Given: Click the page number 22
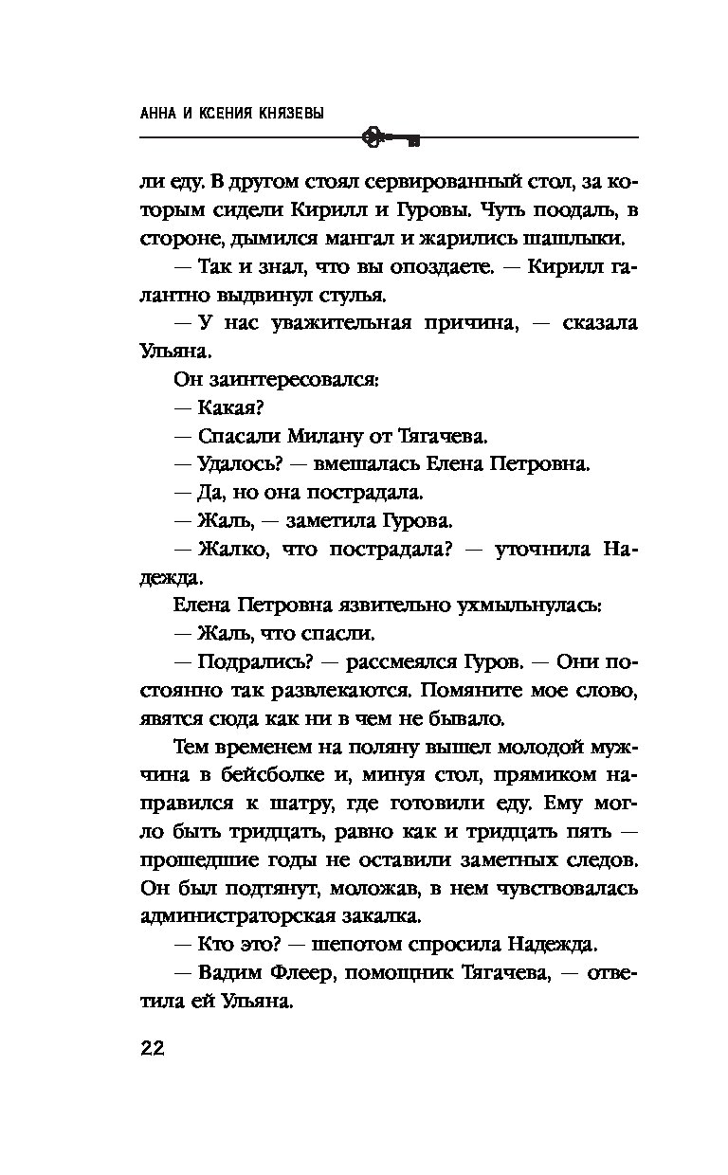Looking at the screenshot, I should (153, 1048).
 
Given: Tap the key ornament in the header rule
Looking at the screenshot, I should (390, 138).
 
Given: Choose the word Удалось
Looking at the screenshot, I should (236, 464).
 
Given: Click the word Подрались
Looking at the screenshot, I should (246, 660).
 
